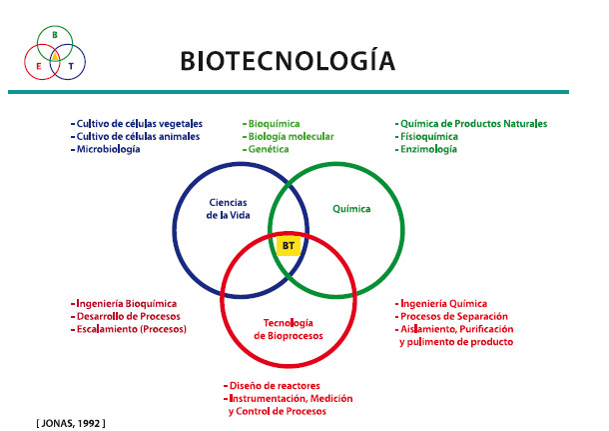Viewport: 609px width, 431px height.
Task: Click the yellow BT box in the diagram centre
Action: (289, 246)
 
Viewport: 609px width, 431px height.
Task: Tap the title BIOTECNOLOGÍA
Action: (288, 60)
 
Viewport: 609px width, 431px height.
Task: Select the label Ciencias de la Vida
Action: (228, 209)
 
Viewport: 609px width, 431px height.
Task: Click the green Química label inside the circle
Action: (351, 209)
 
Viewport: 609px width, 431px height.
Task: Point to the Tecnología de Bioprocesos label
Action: (289, 329)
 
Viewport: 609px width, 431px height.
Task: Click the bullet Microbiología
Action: (105, 149)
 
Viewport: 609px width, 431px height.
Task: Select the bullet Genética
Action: (266, 149)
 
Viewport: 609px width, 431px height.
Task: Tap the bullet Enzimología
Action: (426, 149)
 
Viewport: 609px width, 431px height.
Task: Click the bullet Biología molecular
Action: (289, 137)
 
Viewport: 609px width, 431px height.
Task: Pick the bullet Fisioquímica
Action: (426, 137)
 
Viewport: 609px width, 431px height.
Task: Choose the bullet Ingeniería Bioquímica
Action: (124, 303)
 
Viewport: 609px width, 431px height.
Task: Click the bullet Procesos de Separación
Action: (451, 316)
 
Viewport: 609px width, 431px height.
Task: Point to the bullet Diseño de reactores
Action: (272, 385)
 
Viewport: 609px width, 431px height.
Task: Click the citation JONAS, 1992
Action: (71, 423)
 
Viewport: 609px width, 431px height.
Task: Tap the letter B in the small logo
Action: (55, 35)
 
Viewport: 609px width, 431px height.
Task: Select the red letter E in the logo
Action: (39, 67)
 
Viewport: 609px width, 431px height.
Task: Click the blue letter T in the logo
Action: (71, 67)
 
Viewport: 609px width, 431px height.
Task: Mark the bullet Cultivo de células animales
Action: (135, 137)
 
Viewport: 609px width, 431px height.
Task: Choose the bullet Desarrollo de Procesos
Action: (126, 316)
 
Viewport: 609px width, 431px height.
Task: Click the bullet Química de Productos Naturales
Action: (471, 124)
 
